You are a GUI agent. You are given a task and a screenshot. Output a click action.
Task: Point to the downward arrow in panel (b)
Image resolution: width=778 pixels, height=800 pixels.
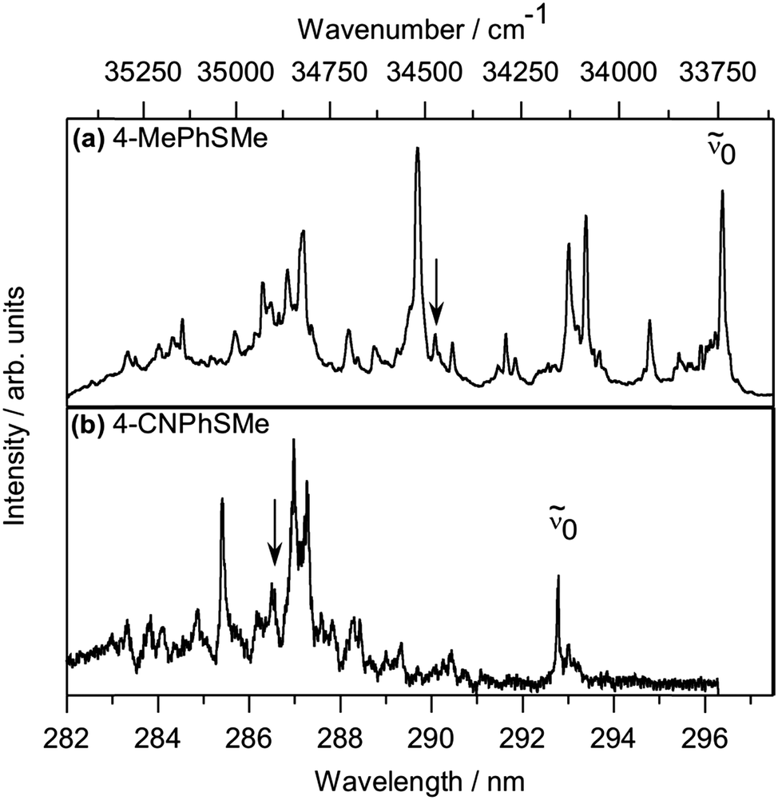(274, 533)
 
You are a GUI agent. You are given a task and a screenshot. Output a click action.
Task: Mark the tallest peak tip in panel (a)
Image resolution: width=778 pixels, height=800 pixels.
(417, 149)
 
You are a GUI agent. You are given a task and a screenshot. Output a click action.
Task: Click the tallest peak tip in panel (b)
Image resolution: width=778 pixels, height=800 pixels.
(294, 440)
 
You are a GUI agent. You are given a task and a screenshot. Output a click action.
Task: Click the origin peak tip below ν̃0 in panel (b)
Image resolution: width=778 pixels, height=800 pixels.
(558, 576)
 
